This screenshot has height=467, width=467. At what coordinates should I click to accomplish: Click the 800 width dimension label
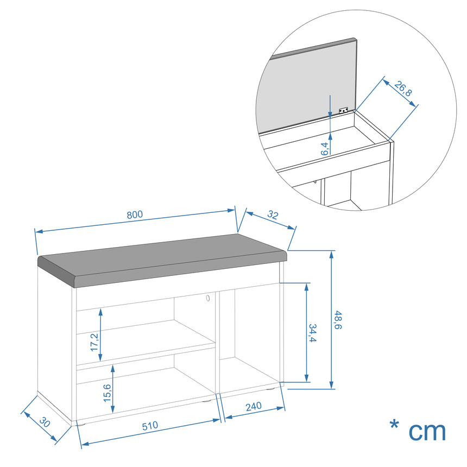point(135,214)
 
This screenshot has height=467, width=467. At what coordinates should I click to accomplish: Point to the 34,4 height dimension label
point(312,333)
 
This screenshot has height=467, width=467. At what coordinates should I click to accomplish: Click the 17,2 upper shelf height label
point(94,342)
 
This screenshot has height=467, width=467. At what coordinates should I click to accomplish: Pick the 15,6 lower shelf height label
point(107,393)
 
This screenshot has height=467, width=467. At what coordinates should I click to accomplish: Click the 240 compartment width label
point(254,407)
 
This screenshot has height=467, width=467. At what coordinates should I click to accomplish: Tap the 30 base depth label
point(45,422)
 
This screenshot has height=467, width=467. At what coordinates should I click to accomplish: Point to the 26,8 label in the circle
point(403,89)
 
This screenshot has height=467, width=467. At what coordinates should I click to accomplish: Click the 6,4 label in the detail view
point(325,149)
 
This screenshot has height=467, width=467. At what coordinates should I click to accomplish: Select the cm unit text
point(427,431)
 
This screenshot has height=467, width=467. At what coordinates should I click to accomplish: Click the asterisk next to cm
point(394,425)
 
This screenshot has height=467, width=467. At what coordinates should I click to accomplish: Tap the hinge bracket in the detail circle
point(343,110)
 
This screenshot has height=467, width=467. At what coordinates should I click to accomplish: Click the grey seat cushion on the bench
point(162,260)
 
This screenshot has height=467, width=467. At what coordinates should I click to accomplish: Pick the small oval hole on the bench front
point(207,298)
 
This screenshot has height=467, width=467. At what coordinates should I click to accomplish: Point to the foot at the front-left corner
point(81,423)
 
